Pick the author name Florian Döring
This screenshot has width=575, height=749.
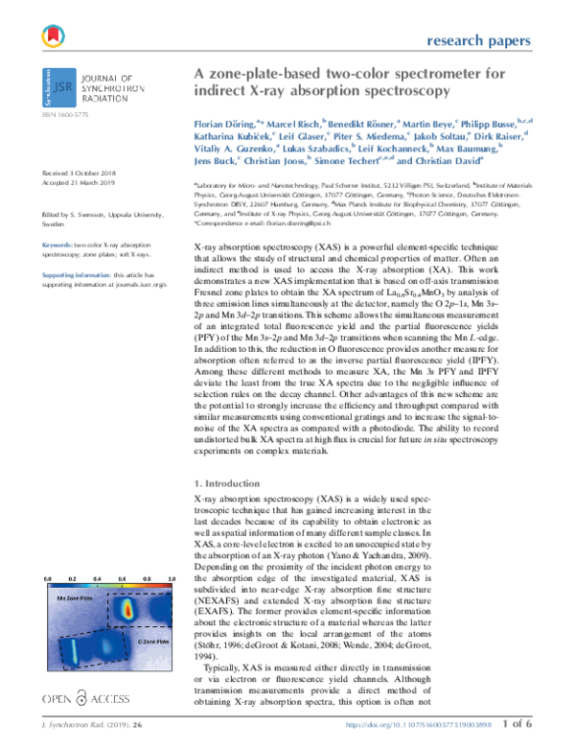coord(223,124)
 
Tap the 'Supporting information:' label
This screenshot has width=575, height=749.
coord(75,275)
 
